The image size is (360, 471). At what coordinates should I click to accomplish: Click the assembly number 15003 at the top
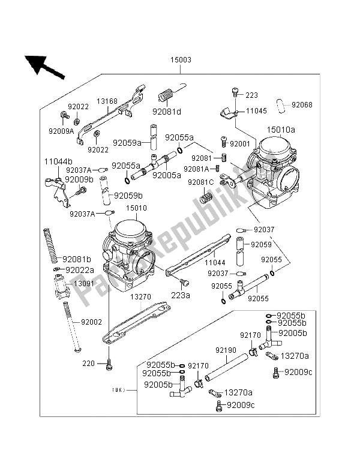(181, 60)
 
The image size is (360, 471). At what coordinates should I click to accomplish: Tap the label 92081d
(166, 111)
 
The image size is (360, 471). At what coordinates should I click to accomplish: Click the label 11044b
(58, 162)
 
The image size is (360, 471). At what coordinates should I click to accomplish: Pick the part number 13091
(84, 283)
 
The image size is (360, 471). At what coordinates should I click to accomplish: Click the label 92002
(84, 322)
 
